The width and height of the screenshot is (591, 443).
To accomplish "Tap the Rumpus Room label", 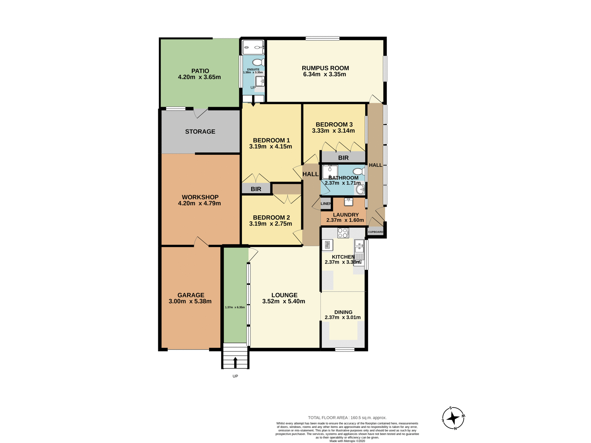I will (x=325, y=68).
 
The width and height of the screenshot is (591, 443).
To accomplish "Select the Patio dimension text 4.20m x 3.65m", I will (x=199, y=77).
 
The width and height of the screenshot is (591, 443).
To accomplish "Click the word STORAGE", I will (x=200, y=132).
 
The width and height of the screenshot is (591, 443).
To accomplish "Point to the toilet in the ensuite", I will (x=258, y=62).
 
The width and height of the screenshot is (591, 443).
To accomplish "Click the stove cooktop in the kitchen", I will (x=343, y=233).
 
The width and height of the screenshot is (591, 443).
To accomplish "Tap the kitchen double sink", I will (x=359, y=246).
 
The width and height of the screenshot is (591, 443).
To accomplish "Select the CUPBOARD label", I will (x=376, y=232).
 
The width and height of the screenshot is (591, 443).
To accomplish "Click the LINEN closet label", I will (x=326, y=204).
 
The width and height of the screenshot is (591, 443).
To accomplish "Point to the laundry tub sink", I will (x=348, y=202).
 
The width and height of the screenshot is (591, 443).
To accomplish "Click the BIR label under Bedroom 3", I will (x=343, y=158).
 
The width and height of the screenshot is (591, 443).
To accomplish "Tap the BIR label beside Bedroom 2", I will (x=256, y=189).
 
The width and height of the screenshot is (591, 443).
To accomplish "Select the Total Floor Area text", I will (x=347, y=417).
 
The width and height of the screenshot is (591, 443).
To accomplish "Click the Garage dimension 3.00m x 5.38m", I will (x=190, y=301).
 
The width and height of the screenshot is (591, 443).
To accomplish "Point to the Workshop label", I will (x=200, y=197).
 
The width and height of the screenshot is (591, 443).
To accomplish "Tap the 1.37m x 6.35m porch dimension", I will (x=235, y=307).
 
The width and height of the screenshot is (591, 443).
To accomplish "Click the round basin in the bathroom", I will (x=360, y=190).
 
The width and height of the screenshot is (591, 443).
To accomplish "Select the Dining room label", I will (x=343, y=312).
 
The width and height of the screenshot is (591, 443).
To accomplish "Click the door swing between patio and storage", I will (x=200, y=113).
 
